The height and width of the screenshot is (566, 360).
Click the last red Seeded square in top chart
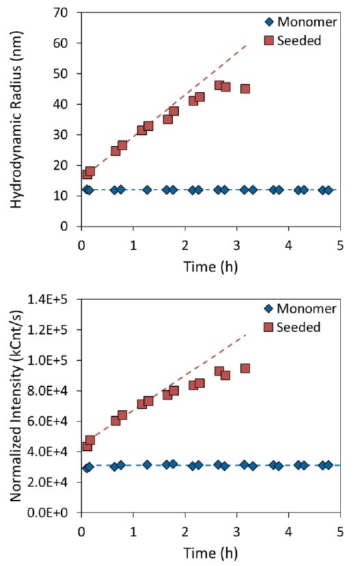[x=245, y=89]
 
